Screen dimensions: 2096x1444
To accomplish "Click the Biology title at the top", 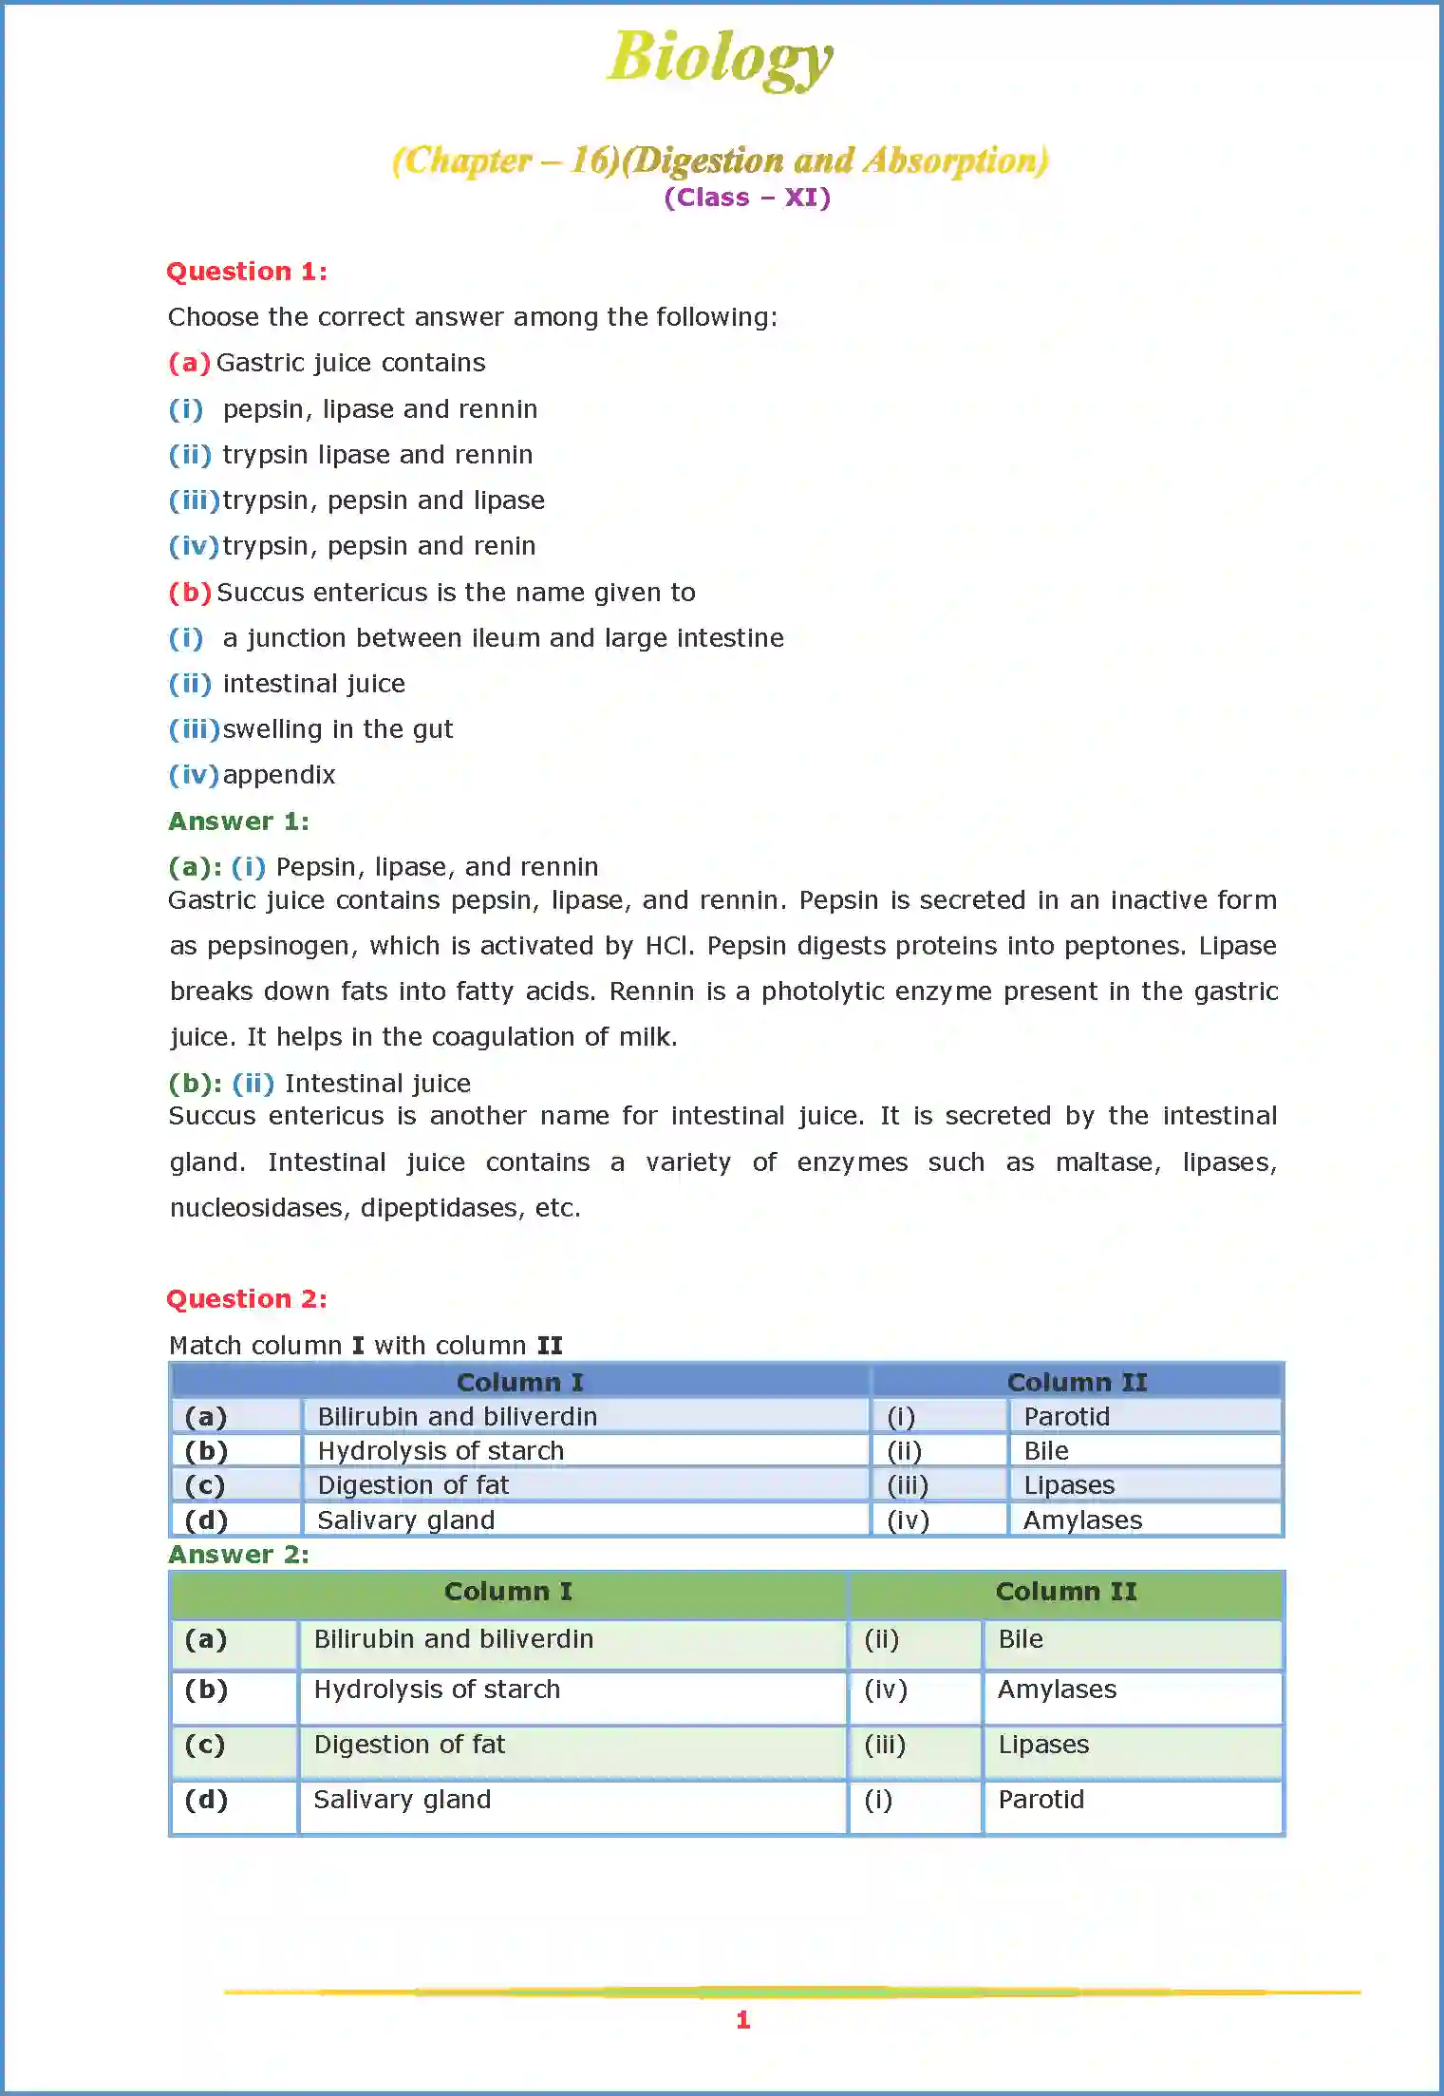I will (720, 58).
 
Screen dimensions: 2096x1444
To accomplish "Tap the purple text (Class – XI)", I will (747, 198).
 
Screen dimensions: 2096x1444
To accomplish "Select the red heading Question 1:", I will (247, 272).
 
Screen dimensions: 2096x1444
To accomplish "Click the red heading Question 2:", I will (247, 1299).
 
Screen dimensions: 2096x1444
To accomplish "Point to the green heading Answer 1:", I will (238, 821).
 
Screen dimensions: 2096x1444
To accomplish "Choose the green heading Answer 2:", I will (238, 1555).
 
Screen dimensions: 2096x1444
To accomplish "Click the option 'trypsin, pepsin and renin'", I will (379, 546).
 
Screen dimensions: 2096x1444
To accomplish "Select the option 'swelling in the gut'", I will (337, 729).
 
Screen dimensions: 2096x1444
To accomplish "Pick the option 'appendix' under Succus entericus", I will (279, 775).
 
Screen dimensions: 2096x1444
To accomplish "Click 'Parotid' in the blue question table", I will (1066, 1417).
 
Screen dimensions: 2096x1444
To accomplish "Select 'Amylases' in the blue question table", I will (1082, 1520).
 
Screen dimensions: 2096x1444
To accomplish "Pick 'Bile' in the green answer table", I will (1021, 1639).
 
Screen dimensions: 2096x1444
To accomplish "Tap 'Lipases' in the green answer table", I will (1043, 1745).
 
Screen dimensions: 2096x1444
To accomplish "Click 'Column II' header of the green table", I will (1065, 1592).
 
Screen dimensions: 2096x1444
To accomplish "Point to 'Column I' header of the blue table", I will (519, 1383).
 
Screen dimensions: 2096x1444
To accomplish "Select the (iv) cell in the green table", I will (886, 1690).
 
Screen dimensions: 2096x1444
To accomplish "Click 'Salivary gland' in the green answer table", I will (403, 1800).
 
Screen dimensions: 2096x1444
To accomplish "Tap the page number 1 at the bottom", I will (743, 2020).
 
